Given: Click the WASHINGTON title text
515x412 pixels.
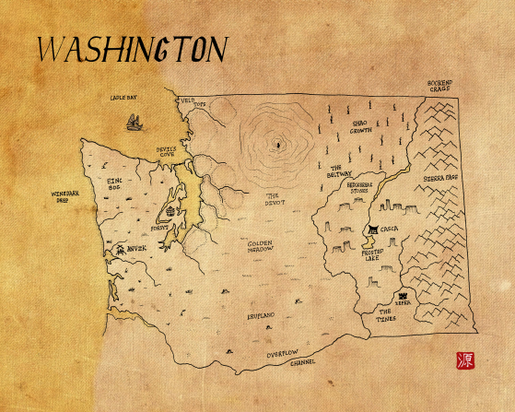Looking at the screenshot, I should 129,50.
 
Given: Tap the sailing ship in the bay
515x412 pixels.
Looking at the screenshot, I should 135,121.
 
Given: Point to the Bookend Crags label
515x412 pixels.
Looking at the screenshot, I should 439,87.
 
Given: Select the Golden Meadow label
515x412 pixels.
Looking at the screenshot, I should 264,247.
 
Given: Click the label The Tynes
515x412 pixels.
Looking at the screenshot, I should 390,315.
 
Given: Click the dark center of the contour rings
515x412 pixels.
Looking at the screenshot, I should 276,145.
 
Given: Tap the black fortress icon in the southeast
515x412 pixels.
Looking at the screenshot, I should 403,295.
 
